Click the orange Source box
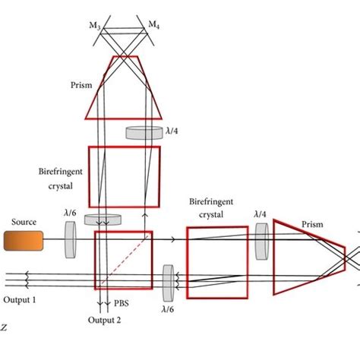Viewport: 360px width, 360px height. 24,241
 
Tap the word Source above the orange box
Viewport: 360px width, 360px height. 24,222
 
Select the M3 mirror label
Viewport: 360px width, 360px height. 95,26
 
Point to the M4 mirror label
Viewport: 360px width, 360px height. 153,25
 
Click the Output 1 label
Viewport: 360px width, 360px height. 20,300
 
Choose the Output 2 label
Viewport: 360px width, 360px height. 104,320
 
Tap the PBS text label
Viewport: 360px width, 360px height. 122,303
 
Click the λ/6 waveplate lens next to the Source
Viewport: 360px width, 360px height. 71,240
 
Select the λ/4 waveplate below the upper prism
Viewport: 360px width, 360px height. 144,133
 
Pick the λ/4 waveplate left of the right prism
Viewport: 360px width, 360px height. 262,242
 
